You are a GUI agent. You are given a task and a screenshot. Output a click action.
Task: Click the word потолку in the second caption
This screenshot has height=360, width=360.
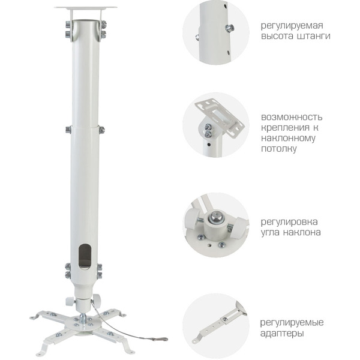point(279,148)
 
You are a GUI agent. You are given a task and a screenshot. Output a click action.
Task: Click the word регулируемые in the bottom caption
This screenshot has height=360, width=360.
point(292,322)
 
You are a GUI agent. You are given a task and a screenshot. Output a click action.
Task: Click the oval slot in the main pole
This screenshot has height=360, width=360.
point(85,256)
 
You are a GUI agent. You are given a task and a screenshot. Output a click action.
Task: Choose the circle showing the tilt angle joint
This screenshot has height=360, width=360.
point(215,224)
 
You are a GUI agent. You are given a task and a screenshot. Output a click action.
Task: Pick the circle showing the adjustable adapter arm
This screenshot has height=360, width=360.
point(215,325)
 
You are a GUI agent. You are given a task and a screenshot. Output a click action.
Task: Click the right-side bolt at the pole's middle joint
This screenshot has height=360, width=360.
point(101,129)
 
